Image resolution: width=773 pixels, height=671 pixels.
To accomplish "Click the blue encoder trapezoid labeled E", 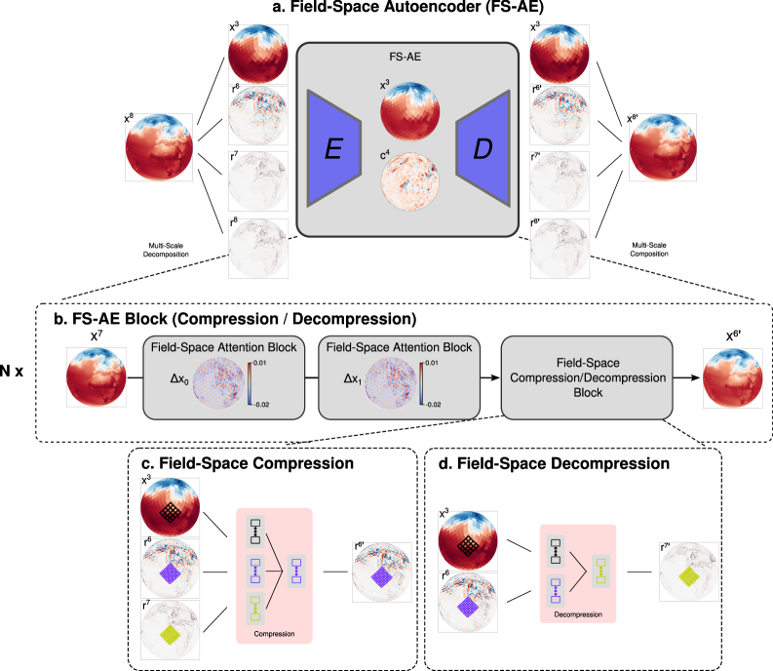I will pyautogui.click(x=334, y=148).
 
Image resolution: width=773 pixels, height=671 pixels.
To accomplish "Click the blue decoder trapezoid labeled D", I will pyautogui.click(x=483, y=148).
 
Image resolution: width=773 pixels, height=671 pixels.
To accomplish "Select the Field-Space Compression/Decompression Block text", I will pyautogui.click(x=587, y=377).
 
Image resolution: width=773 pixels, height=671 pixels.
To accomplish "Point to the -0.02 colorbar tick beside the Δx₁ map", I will pyautogui.click(x=433, y=402).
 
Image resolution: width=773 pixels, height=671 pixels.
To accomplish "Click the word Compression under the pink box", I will pyautogui.click(x=273, y=633).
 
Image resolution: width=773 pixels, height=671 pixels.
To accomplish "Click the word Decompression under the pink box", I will pyautogui.click(x=578, y=615).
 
